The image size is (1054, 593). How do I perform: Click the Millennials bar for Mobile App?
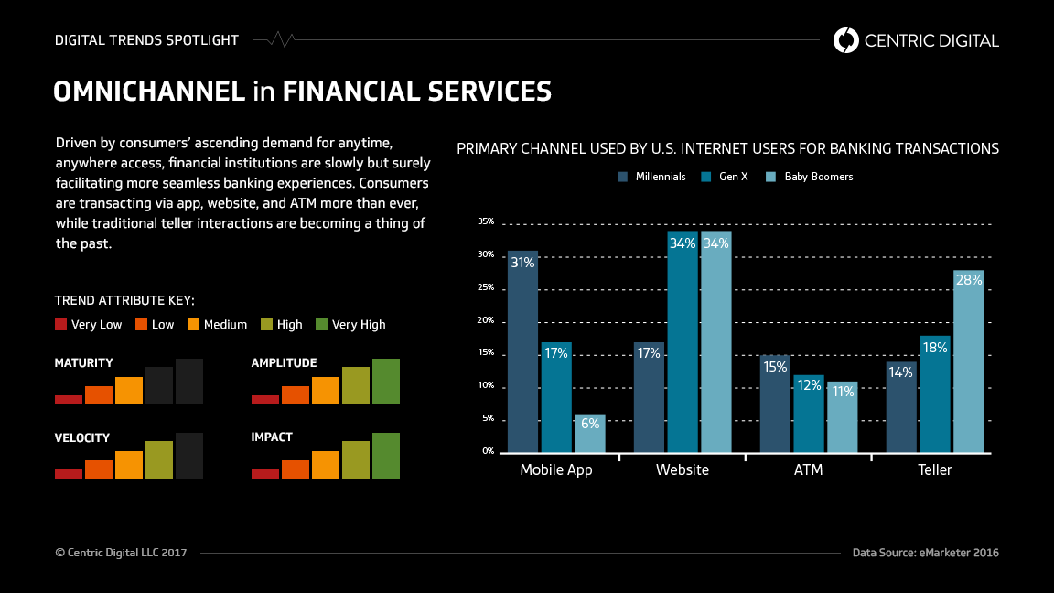point(522,351)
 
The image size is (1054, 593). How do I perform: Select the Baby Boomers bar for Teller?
point(968,361)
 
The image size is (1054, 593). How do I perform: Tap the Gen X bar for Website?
point(683,341)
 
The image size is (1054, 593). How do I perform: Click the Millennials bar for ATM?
point(775,404)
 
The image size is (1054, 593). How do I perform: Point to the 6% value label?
point(589,424)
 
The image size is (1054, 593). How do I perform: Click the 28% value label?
point(968,280)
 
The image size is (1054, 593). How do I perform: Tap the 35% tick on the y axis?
point(486,221)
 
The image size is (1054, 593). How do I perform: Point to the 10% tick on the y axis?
point(486,385)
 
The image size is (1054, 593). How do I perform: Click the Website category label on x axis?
point(683,470)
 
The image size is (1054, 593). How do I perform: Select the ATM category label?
point(809,470)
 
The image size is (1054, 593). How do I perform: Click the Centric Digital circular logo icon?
point(846,40)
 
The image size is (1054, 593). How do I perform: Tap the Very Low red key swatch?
point(61,324)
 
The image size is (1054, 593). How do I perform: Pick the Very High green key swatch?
point(321,324)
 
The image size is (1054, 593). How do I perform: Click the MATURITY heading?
point(84,363)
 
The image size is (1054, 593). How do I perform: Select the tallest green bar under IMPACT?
point(386,456)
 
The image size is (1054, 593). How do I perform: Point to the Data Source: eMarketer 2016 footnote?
point(925,553)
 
